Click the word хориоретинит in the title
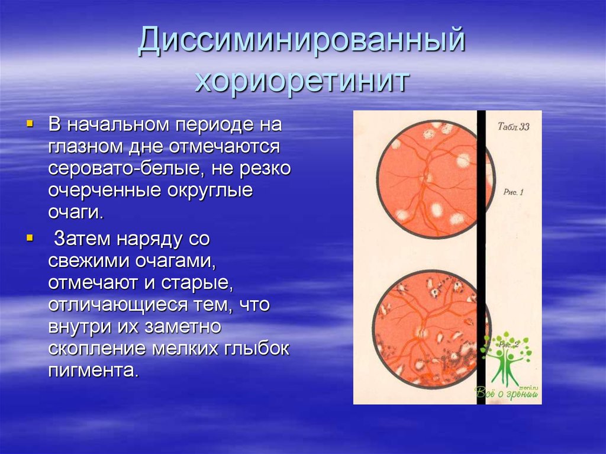[302, 81]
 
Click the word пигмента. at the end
[94, 371]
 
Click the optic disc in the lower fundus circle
[423, 333]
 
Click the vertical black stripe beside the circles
[481, 255]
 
